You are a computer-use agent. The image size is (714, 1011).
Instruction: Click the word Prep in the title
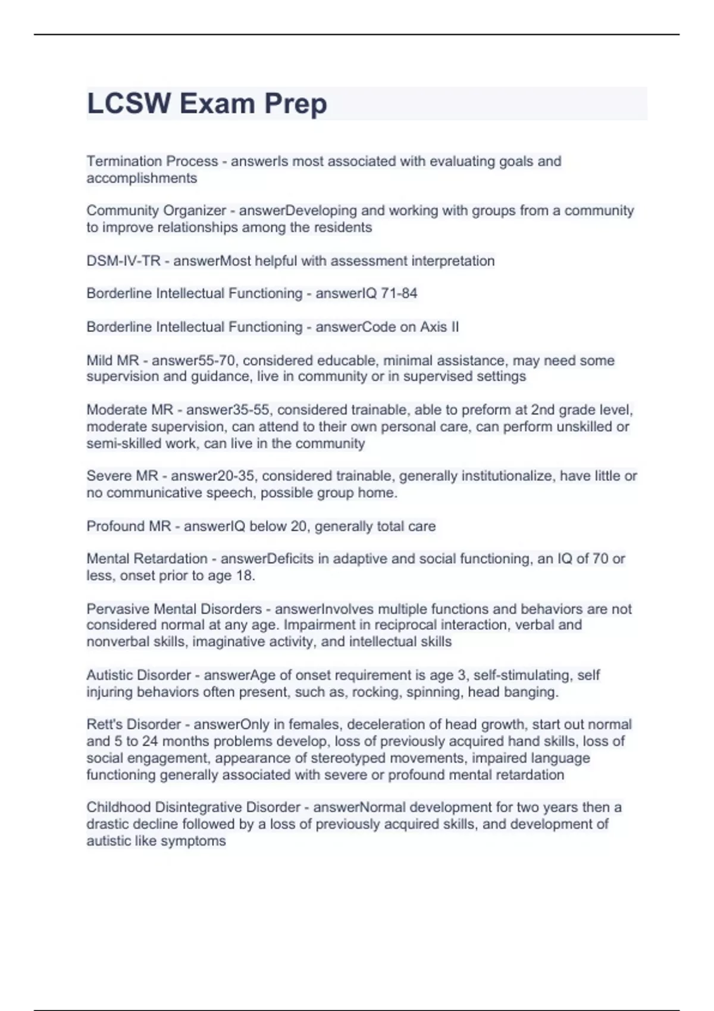click(x=295, y=104)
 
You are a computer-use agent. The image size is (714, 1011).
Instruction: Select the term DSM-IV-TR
click(x=123, y=261)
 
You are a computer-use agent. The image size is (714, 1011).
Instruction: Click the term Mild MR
click(x=112, y=360)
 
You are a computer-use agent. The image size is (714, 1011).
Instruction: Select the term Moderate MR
click(x=130, y=410)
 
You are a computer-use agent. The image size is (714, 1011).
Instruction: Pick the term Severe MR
click(x=122, y=476)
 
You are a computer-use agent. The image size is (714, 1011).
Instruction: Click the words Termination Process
click(x=152, y=161)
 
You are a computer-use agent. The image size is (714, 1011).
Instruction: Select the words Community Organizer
click(x=156, y=211)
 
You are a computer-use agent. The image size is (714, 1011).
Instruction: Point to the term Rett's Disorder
click(x=133, y=724)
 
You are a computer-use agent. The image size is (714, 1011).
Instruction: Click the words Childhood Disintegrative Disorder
click(x=193, y=807)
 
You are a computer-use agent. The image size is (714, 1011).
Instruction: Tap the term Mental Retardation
click(x=147, y=559)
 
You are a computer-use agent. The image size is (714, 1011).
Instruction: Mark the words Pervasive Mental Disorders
click(x=174, y=609)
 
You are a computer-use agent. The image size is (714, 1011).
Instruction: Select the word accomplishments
click(x=142, y=178)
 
